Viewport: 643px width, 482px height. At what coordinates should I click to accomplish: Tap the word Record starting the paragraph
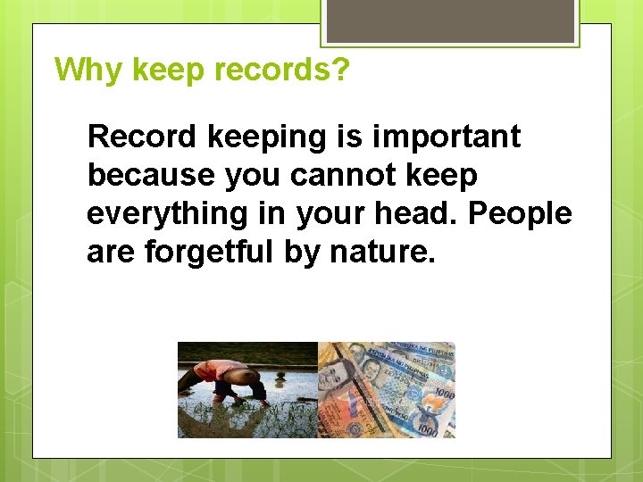143,137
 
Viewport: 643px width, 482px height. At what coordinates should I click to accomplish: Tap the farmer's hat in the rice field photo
201,369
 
